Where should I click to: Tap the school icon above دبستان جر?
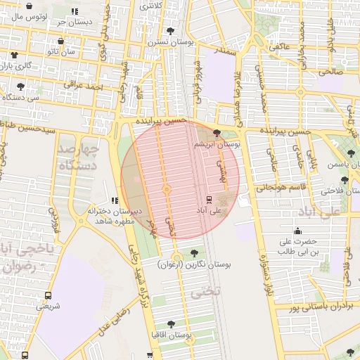pos(75,11)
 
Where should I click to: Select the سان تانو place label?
pos(61,51)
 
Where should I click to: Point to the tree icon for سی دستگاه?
pos(20,87)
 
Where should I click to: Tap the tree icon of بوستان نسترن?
pos(171,31)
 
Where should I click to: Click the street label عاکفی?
pos(278,47)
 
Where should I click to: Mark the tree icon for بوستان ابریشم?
pos(217,132)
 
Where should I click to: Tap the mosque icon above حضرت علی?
pos(297,231)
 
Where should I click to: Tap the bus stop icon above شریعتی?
pos(48,295)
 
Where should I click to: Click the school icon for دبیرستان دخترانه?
pos(115,201)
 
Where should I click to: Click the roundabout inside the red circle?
pos(167,189)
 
